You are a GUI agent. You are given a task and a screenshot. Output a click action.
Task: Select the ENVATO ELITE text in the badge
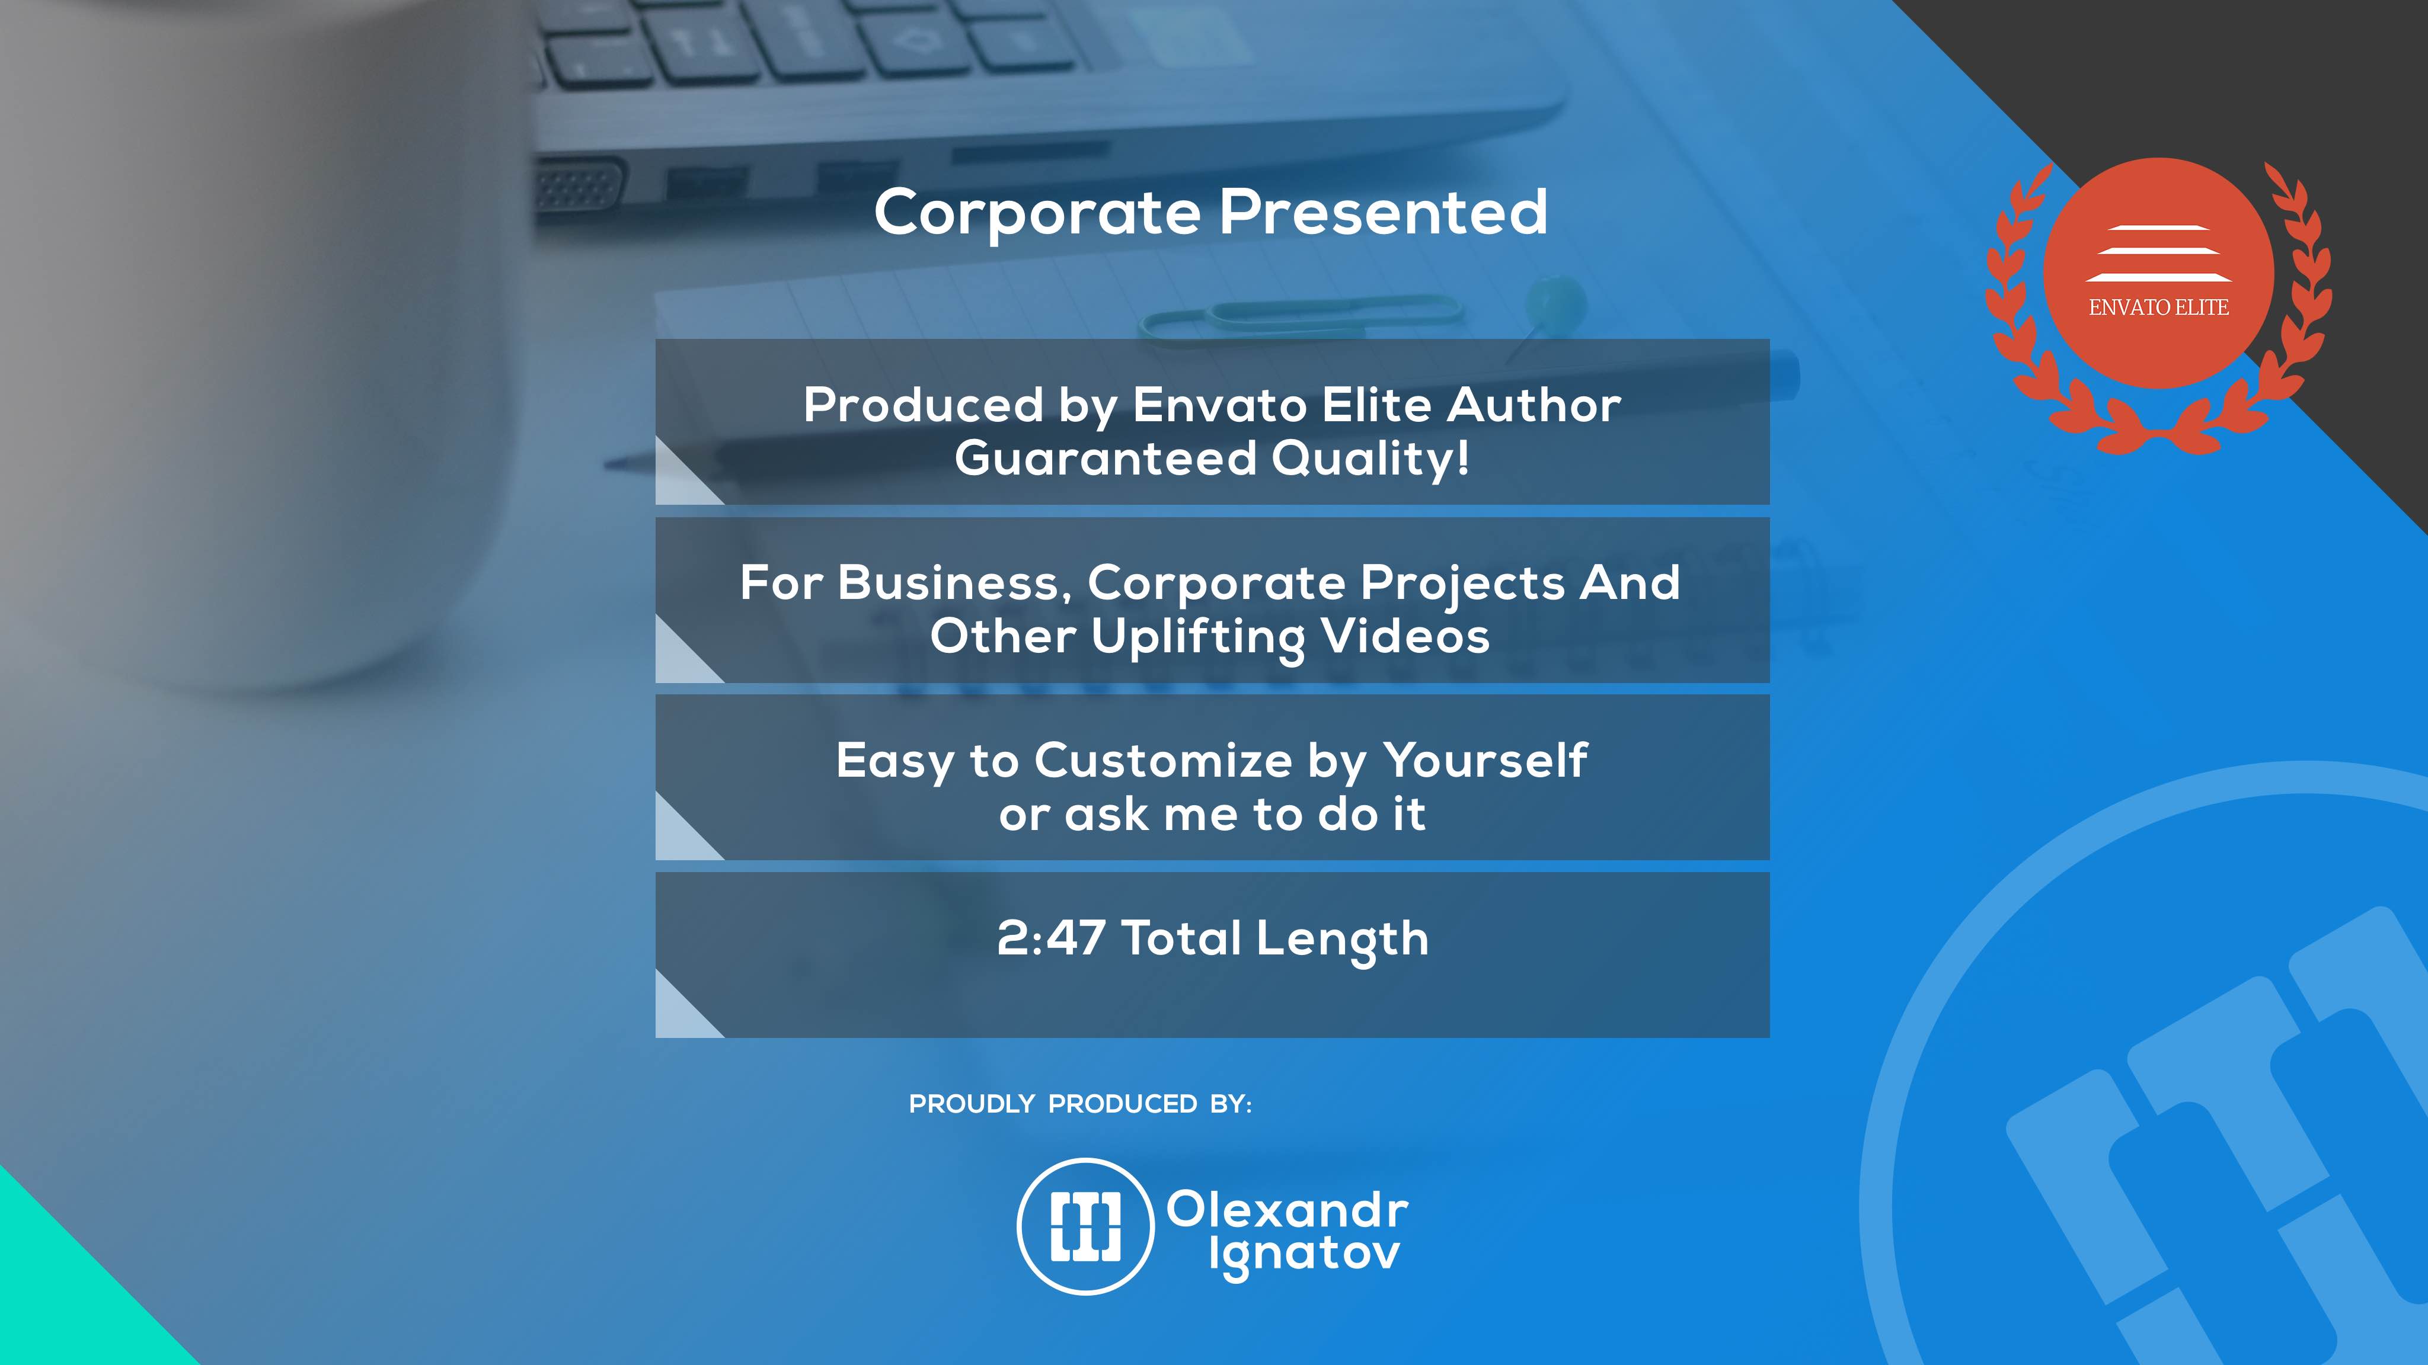[2158, 307]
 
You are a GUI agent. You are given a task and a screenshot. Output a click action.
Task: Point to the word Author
[1535, 405]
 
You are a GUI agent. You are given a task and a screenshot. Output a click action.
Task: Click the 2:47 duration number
[1051, 938]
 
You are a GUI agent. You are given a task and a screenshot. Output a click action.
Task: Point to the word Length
[1342, 940]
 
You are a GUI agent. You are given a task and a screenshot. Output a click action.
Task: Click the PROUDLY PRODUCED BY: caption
[1080, 1104]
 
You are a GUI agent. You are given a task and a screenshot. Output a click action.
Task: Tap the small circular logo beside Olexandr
[1086, 1226]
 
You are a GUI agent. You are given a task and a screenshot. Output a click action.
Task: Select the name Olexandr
[1288, 1210]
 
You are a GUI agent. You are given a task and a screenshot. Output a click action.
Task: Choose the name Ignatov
[1305, 1256]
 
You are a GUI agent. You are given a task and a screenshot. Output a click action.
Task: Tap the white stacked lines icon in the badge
[2158, 254]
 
